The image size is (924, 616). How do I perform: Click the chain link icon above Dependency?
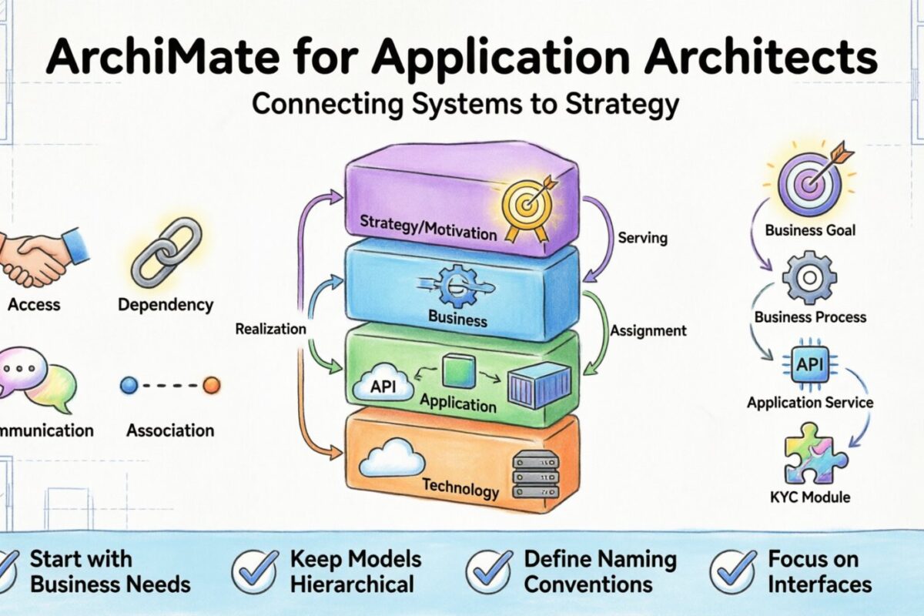(166, 253)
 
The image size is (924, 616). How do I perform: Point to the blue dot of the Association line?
(129, 384)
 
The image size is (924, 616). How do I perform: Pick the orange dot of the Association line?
(211, 384)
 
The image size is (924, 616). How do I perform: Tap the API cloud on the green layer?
(383, 386)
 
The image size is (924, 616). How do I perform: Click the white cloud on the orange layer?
(393, 460)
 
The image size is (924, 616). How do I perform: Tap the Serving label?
(644, 239)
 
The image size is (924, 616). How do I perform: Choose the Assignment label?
(648, 331)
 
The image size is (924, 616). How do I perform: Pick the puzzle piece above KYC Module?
(812, 454)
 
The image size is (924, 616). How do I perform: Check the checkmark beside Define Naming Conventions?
(489, 571)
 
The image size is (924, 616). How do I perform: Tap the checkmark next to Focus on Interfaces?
(732, 571)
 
